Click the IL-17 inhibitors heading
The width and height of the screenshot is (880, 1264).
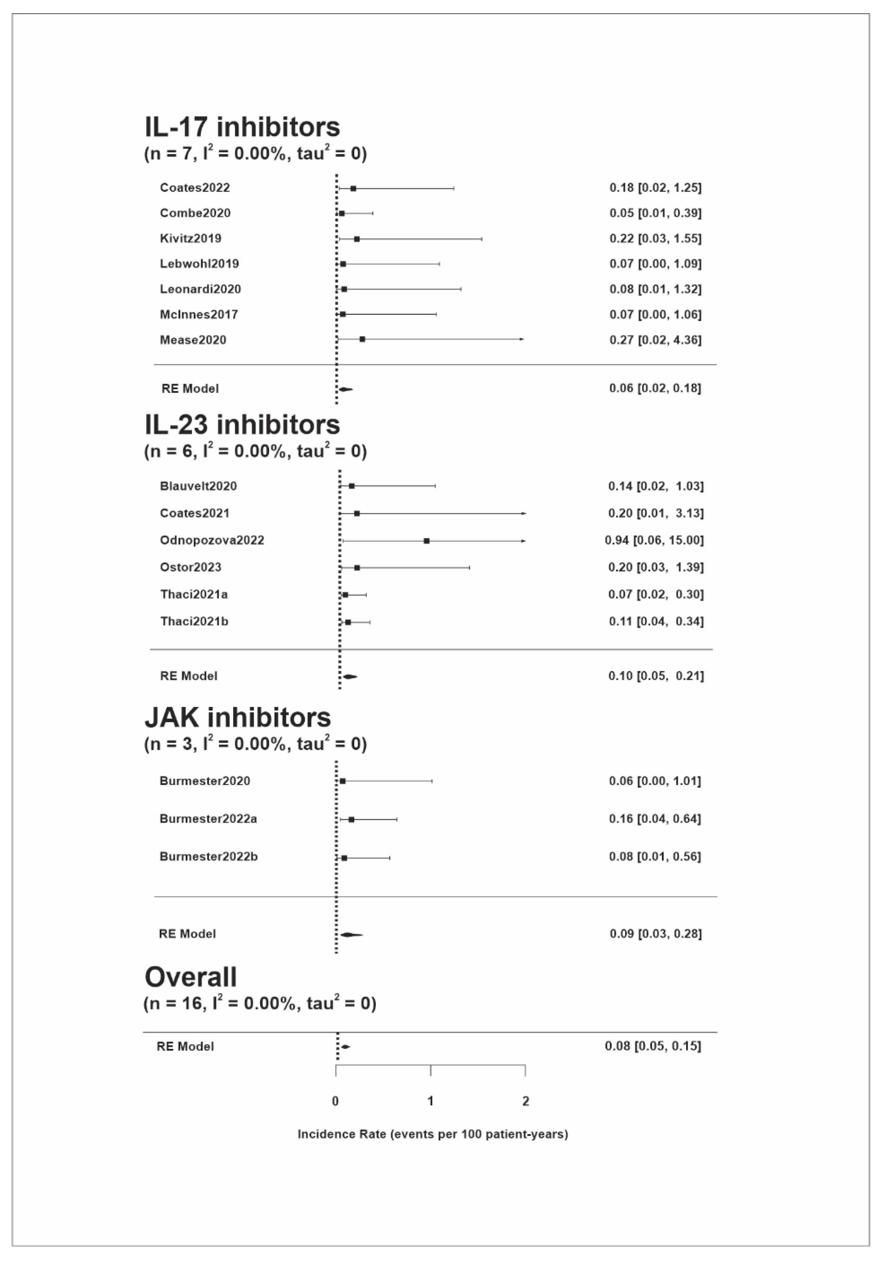[242, 127]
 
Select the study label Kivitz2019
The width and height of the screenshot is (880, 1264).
[190, 238]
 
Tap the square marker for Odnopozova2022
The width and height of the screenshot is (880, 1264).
[427, 541]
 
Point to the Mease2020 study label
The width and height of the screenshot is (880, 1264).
[193, 340]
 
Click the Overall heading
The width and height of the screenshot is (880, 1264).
[190, 977]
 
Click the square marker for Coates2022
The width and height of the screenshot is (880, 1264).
[353, 188]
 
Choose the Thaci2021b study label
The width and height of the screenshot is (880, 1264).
[194, 621]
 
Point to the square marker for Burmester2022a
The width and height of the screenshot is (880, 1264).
[351, 819]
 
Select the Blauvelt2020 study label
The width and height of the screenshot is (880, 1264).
[198, 486]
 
